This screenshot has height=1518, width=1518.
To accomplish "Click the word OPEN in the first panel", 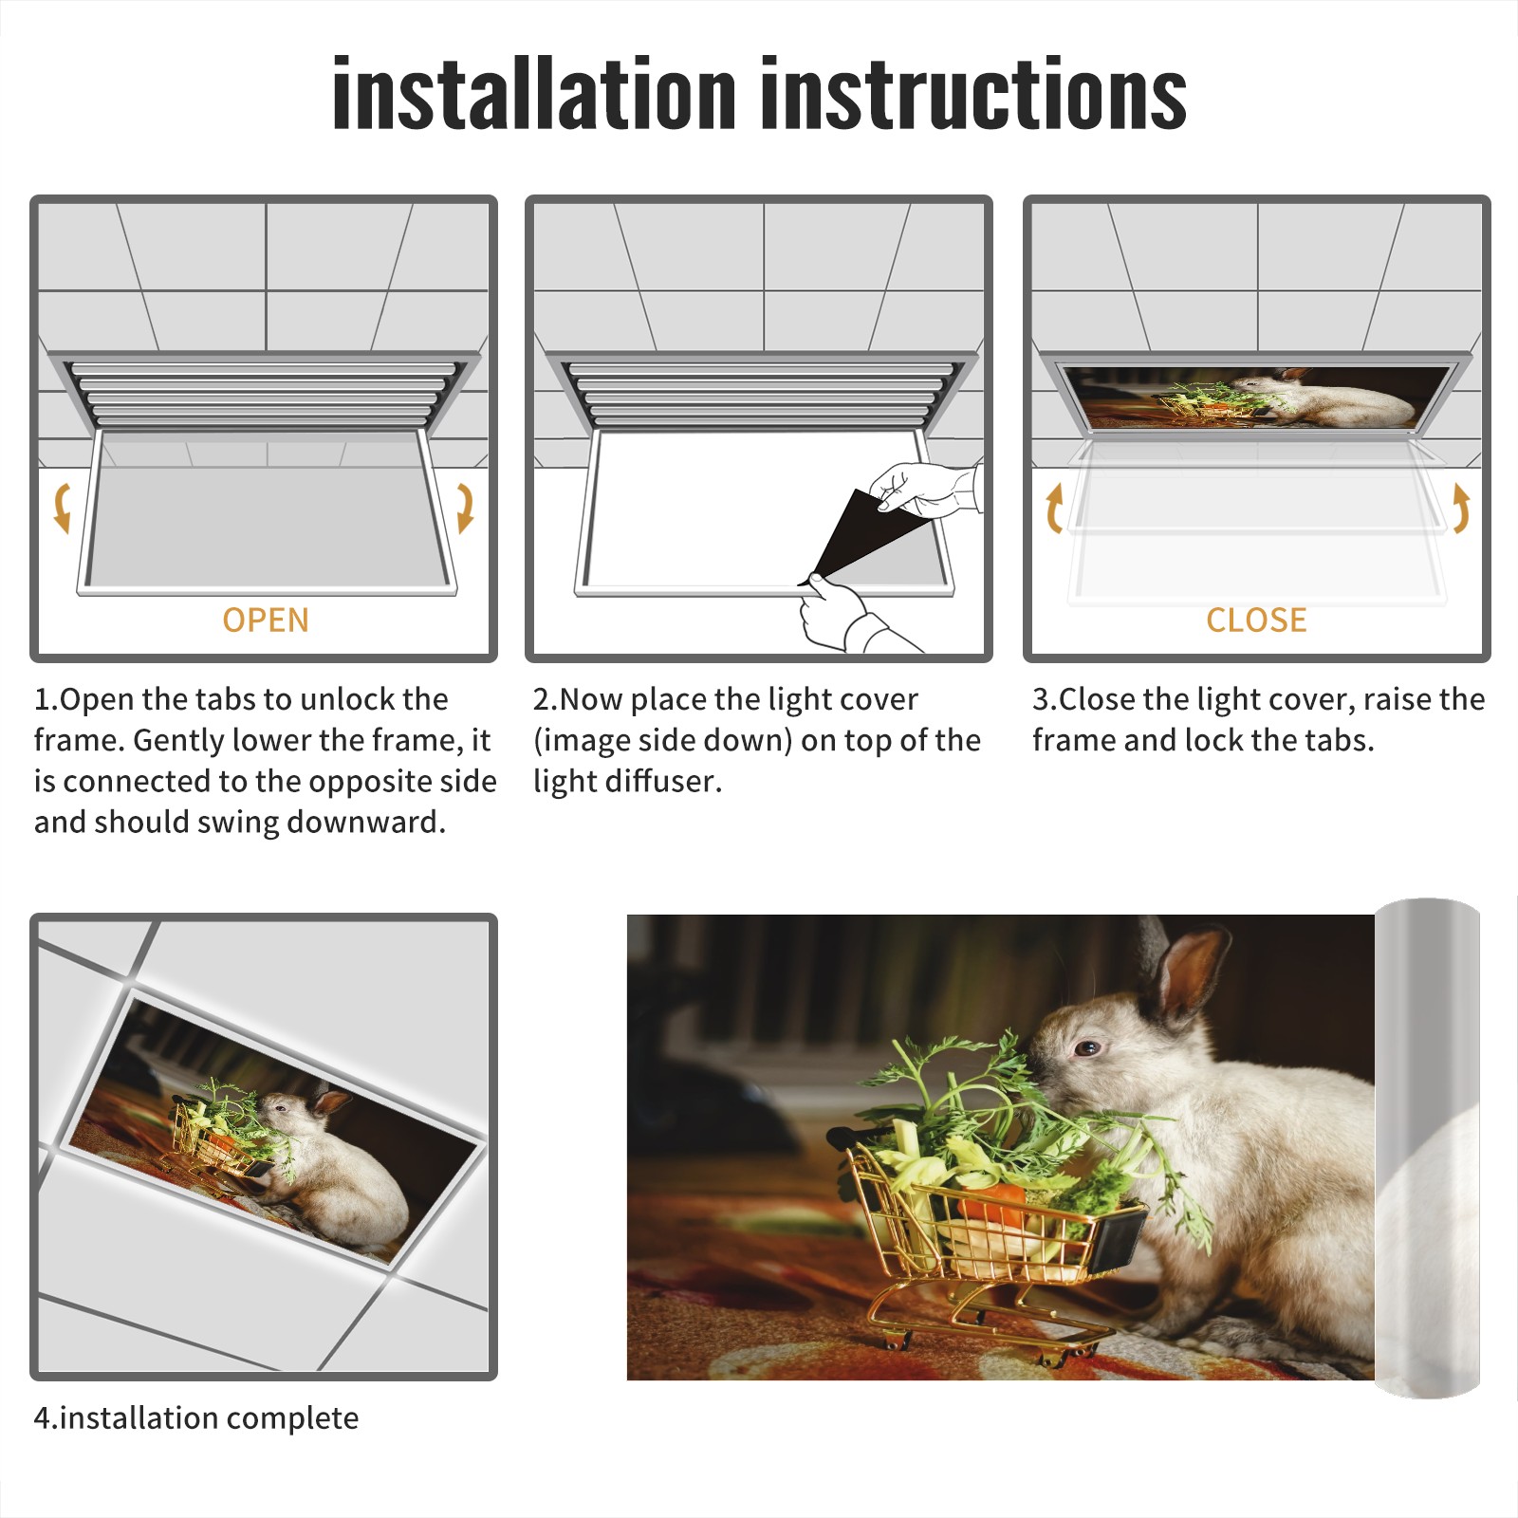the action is point(266,620).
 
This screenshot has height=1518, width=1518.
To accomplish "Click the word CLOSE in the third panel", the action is point(1256,620).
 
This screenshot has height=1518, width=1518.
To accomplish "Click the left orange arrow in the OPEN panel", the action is point(63,508).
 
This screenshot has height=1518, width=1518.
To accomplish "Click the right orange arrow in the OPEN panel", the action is point(465,508).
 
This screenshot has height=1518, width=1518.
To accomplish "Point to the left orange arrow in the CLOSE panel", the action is point(1054,508).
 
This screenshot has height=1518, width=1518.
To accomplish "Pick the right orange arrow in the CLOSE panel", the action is point(1461,508).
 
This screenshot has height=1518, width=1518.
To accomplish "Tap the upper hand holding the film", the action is point(925,489).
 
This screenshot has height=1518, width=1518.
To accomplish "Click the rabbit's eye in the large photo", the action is point(1087,1048).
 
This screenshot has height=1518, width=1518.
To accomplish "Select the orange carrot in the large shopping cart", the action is point(991,1200).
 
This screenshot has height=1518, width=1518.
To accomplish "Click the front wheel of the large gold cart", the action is point(895,1340).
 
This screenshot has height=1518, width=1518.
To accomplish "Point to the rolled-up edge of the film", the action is point(1428,1148).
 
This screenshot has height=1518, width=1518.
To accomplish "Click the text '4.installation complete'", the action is point(196,1418).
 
